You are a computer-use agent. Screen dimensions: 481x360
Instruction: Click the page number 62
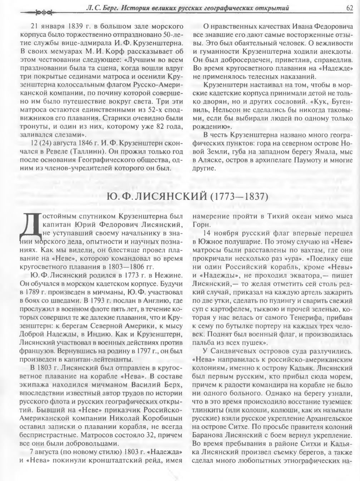point(350,8)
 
